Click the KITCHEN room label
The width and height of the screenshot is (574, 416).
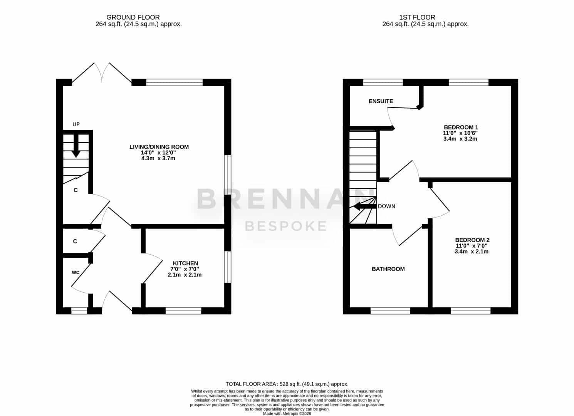pos(185,263)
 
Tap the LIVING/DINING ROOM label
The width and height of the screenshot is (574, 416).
pos(159,147)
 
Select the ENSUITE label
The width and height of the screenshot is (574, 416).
pos(381,101)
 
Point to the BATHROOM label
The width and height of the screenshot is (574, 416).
pos(388,269)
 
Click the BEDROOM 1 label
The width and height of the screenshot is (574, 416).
pos(461,127)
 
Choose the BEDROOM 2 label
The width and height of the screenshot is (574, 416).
pos(472,240)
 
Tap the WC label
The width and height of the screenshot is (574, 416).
pos(76,273)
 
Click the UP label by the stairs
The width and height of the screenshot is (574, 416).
pos(76,124)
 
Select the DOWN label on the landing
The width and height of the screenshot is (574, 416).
pos(386,206)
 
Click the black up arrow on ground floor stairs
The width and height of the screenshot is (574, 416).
pos(76,146)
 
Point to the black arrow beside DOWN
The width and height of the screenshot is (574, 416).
pos(365,206)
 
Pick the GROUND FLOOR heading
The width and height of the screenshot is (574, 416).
pos(133,17)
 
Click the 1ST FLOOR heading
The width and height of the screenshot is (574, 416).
pos(417,17)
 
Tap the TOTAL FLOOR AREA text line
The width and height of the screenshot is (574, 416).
pos(287,384)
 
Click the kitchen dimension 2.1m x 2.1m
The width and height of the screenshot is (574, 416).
pos(185,275)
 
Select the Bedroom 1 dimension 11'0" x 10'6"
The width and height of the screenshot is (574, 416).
pos(460,133)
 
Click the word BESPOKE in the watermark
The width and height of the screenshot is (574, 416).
pos(286,226)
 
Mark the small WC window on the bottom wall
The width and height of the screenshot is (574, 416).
pos(79,311)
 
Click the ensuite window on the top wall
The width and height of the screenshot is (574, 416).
pos(383,82)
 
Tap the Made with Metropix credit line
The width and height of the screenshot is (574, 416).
pos(287,414)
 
